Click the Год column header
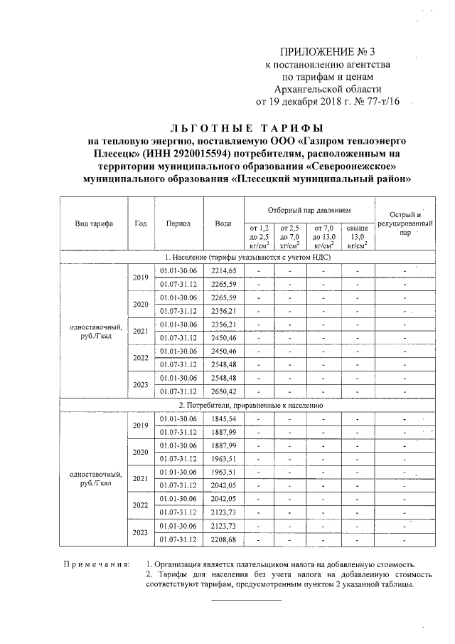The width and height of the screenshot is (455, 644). coord(140,223)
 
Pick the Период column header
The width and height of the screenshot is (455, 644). coord(178,223)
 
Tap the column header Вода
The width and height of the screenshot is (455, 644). coord(223,223)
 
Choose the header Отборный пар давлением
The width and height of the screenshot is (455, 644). coord(309,211)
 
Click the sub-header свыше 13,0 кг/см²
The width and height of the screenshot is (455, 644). coord(358,236)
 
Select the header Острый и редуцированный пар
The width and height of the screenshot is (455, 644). coord(405,223)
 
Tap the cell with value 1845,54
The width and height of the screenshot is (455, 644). coord(223,418)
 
